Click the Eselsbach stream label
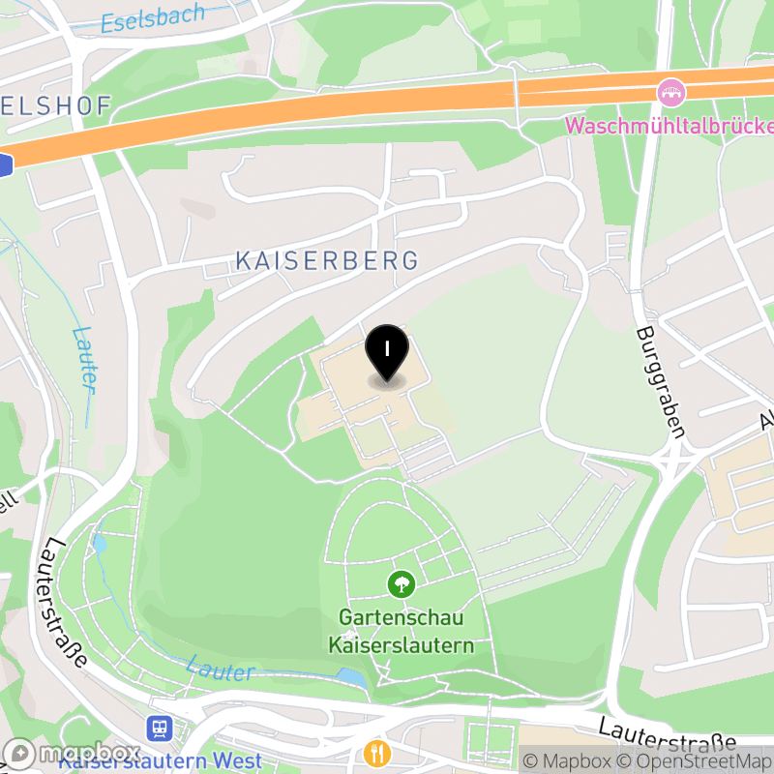click(x=153, y=19)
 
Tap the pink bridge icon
click(x=669, y=94)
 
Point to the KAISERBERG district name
click(x=327, y=260)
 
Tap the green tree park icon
click(x=401, y=583)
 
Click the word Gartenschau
click(x=401, y=617)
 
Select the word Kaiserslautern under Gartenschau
click(x=401, y=644)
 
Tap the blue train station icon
click(x=158, y=727)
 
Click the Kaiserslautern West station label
click(x=160, y=760)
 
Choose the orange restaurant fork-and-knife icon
click(x=376, y=752)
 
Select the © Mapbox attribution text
click(x=568, y=761)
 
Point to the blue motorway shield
click(x=4, y=165)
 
